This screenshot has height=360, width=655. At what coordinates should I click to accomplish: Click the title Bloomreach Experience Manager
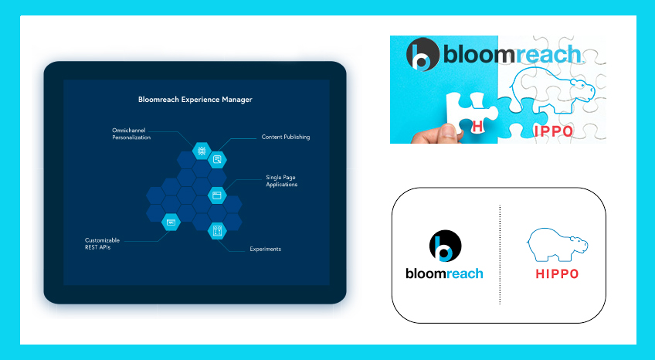[195, 100]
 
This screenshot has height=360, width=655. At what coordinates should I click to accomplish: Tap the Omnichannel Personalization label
[131, 134]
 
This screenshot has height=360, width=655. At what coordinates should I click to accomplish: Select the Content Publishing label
[286, 137]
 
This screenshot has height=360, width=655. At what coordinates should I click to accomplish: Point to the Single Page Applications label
[282, 181]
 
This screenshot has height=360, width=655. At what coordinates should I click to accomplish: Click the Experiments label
[265, 249]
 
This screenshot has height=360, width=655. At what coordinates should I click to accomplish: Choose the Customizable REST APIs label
[102, 243]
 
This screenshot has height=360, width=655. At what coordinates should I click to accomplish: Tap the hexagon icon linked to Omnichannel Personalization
[202, 151]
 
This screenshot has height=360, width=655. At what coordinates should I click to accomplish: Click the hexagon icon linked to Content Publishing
[217, 160]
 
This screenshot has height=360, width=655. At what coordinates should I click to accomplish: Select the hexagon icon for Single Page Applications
[217, 195]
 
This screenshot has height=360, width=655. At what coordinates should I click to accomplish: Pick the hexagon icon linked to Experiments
[217, 230]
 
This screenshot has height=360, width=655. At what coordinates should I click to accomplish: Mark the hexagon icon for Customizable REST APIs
[171, 222]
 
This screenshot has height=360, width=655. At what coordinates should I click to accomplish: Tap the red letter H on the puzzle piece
[477, 126]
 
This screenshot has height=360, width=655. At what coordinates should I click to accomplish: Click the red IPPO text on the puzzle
[554, 131]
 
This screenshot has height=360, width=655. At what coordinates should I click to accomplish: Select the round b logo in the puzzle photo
[423, 54]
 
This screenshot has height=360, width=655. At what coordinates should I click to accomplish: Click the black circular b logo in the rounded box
[446, 246]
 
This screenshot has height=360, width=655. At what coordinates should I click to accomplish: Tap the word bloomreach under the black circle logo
[444, 274]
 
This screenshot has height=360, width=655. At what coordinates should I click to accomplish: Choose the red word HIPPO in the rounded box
[557, 274]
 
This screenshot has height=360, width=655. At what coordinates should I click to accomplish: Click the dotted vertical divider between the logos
[500, 255]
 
